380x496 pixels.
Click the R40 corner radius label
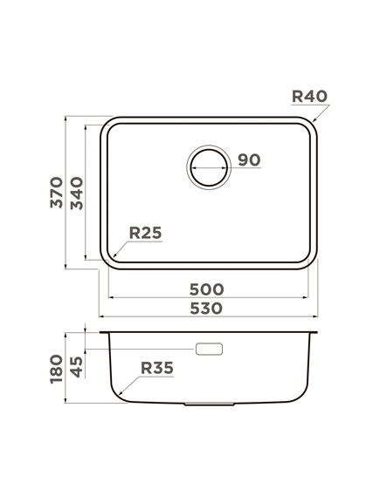[x=309, y=96]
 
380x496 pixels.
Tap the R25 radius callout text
[x=147, y=233]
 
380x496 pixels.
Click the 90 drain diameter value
[x=249, y=160]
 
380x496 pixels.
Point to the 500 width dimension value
[x=207, y=289]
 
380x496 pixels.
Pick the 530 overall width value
[x=207, y=308]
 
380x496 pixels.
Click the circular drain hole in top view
[x=209, y=165]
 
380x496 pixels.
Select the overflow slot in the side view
[x=210, y=349]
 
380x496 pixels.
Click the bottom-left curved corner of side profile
[x=113, y=397]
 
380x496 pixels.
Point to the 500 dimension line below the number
[x=207, y=298]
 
